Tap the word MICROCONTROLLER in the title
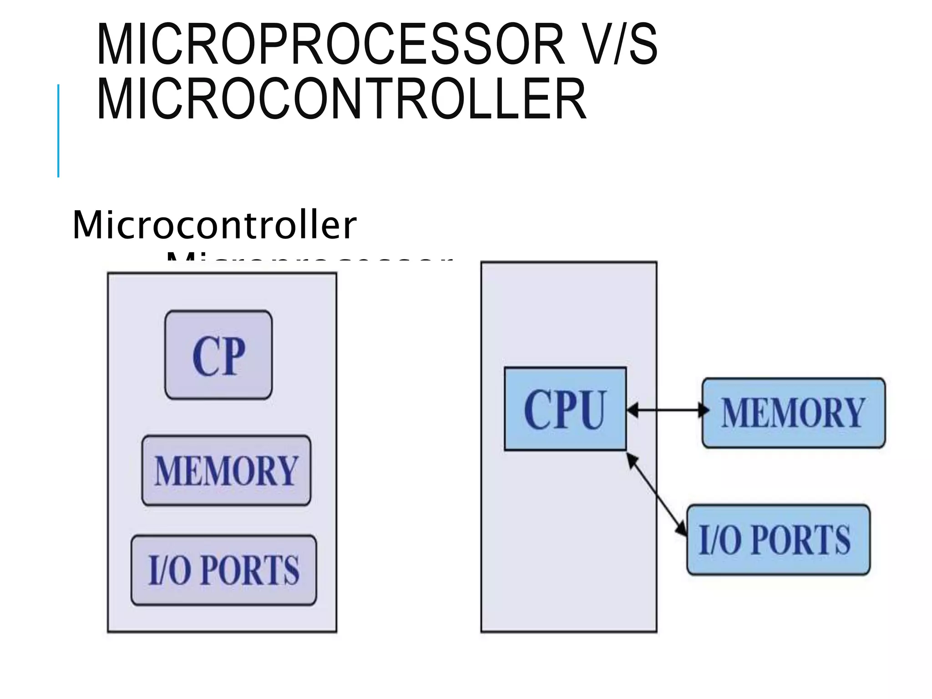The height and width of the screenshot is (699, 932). coord(341,99)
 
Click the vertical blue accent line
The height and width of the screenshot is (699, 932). coord(58,131)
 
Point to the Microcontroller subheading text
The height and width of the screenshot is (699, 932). coord(214,225)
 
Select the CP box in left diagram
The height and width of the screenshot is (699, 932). coord(218,355)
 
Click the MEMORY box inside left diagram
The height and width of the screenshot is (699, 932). coord(226,471)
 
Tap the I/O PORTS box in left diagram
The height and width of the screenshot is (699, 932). coord(223,570)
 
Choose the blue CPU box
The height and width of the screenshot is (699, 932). coord(565,409)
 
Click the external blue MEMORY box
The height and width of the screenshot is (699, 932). coord(793,412)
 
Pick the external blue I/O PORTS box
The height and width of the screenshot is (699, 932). coord(778,539)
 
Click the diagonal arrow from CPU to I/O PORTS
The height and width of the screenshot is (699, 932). coord(656,494)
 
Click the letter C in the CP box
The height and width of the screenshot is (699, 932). coord(205,356)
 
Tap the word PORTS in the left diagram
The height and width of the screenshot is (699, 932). coord(249,570)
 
